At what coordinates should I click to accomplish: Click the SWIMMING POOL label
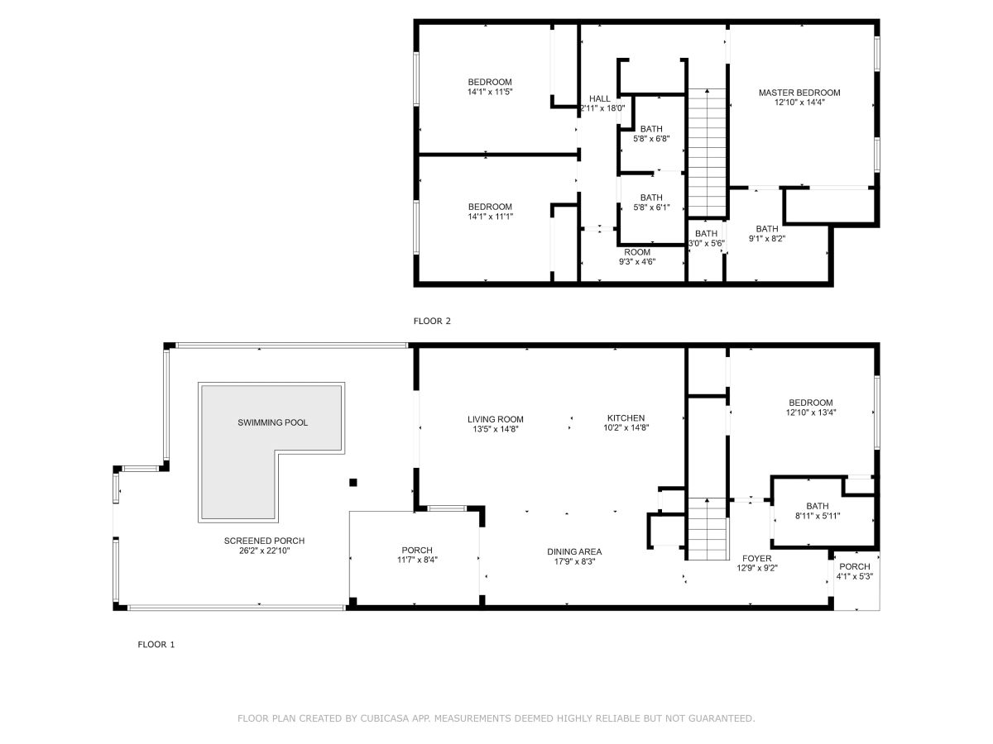[272, 422]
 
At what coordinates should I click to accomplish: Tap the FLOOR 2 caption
[432, 322]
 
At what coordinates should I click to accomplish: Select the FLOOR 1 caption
[156, 645]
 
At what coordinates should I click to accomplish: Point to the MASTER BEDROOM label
[799, 93]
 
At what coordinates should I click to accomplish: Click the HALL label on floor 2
[599, 98]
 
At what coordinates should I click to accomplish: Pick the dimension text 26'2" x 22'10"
[264, 551]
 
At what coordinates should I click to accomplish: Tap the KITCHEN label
[626, 417]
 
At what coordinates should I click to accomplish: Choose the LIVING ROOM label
[496, 419]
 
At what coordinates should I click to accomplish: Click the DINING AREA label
[574, 551]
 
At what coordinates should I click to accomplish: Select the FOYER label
[756, 558]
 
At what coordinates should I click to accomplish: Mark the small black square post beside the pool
[353, 483]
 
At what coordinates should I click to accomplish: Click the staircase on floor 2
[707, 153]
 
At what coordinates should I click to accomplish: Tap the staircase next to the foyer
[708, 528]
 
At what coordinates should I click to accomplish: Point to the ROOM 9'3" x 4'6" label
[637, 256]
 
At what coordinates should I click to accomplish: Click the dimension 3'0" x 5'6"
[706, 243]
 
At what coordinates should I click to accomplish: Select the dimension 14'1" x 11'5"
[490, 92]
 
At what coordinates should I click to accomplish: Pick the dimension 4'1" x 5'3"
[855, 576]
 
